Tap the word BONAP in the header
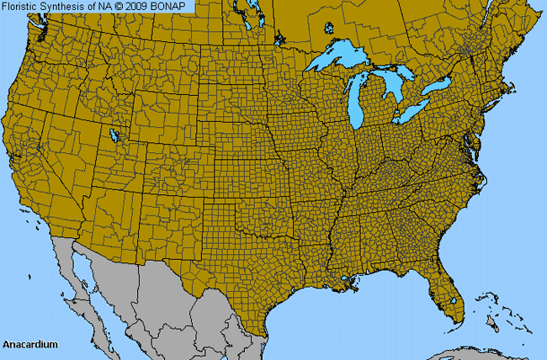point(175,7)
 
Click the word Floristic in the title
point(21,7)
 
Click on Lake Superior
point(345,60)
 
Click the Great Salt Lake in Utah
point(114,135)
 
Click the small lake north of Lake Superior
point(329,28)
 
